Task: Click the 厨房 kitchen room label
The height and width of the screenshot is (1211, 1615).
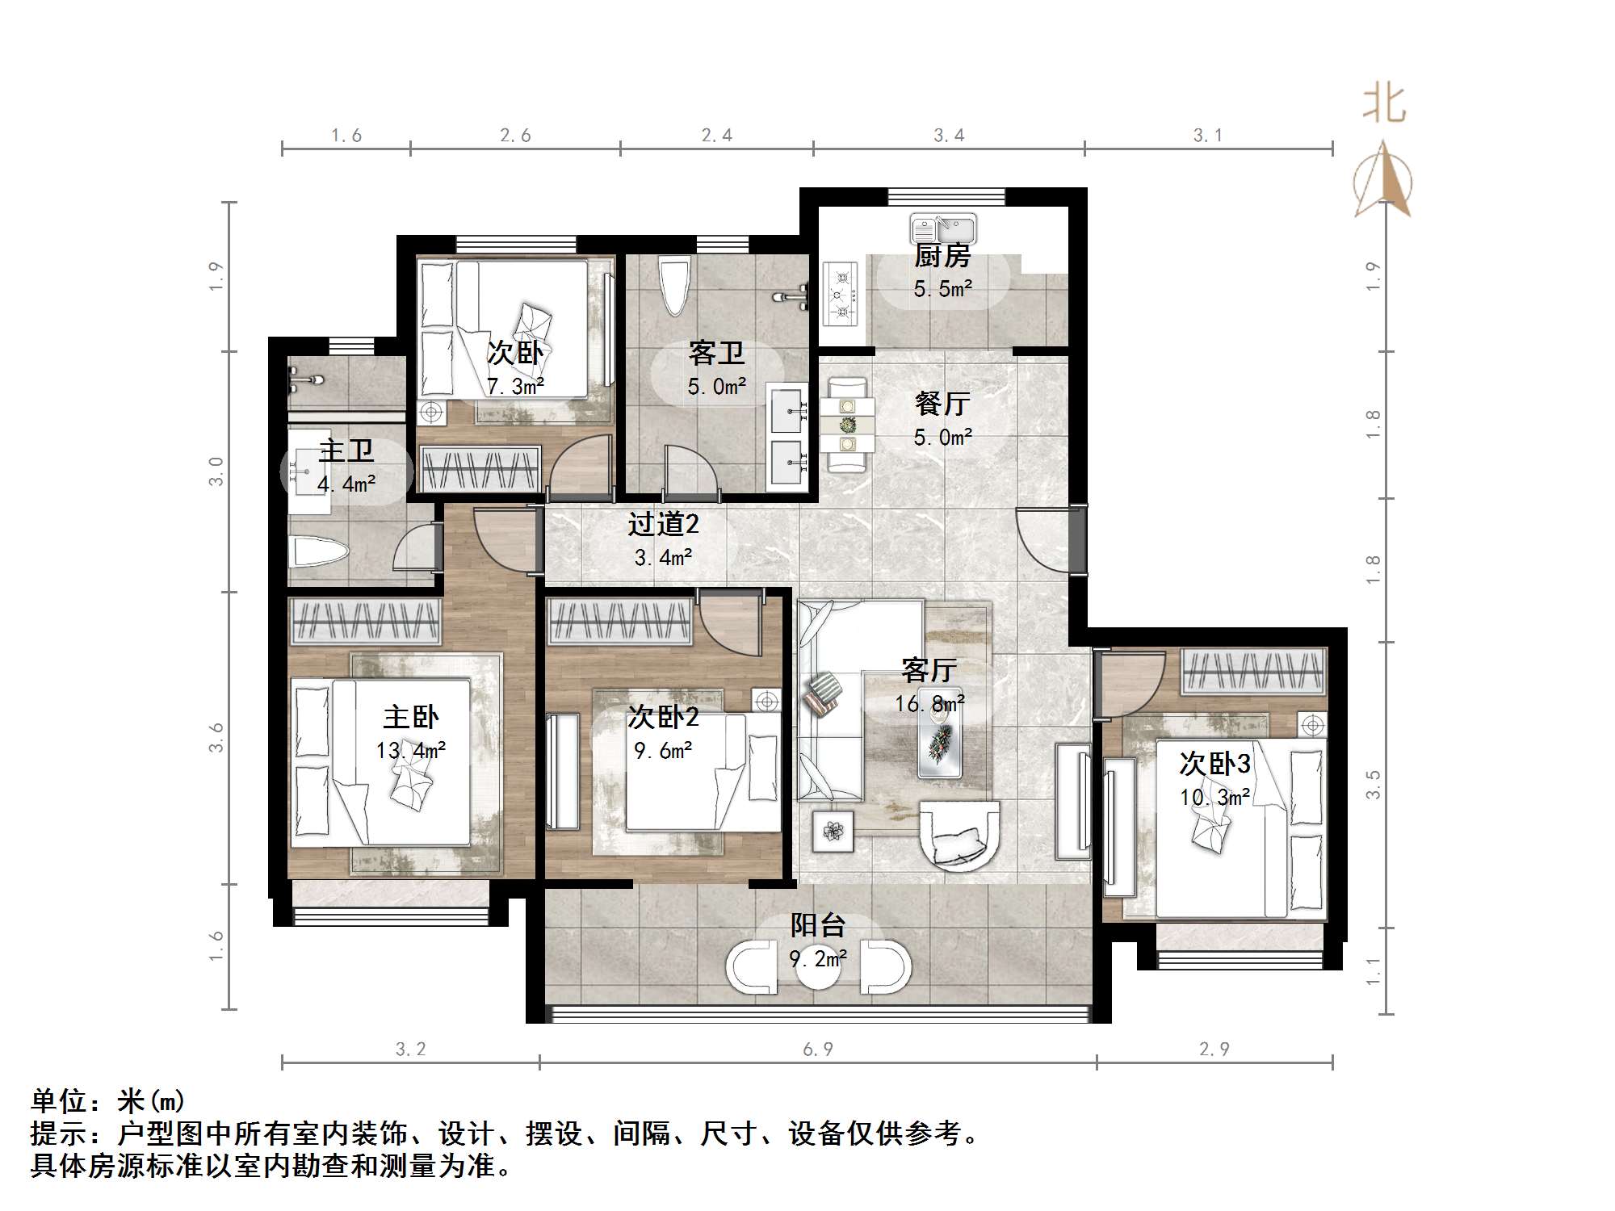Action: [x=942, y=257]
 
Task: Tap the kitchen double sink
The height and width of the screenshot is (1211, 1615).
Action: [x=943, y=228]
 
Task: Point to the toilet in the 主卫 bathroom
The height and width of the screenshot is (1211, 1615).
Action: [x=319, y=553]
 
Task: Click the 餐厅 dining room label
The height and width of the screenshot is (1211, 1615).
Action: [x=942, y=404]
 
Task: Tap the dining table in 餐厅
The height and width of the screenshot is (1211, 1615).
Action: [x=847, y=425]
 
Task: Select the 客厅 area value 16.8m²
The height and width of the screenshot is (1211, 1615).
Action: [x=929, y=704]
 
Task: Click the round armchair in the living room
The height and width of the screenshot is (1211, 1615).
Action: [x=960, y=834]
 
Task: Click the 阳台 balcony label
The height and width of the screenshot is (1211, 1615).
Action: [x=817, y=925]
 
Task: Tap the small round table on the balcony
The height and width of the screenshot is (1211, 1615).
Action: [x=818, y=967]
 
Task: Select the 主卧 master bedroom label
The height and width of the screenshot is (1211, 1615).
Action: [x=410, y=717]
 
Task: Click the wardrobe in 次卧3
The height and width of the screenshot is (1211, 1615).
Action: [x=1252, y=672]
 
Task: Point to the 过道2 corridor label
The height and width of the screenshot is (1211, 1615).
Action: [x=663, y=525]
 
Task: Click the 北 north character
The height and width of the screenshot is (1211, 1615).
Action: [x=1384, y=105]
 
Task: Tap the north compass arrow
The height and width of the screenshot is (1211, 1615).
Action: [x=1383, y=182]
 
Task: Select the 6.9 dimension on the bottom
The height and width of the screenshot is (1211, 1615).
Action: [x=817, y=1049]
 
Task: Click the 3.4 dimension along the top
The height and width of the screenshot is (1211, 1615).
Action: [x=949, y=136]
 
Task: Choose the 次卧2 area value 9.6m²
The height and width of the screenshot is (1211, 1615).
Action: [x=663, y=751]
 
